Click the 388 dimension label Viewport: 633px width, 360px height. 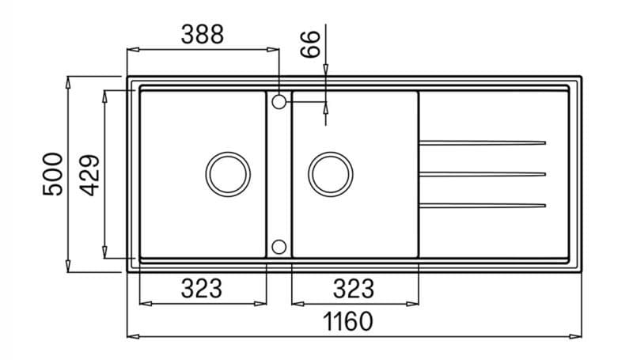tap(203, 34)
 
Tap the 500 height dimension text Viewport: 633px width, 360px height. tap(52, 174)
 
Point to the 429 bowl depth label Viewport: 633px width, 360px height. tap(89, 174)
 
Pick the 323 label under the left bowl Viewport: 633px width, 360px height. tap(202, 289)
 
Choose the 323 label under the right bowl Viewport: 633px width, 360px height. tap(354, 289)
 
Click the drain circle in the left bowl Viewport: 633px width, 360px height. tap(228, 173)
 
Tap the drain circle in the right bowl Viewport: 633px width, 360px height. tap(331, 173)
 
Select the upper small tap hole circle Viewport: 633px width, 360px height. tap(279, 101)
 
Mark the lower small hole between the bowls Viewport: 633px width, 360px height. tap(279, 246)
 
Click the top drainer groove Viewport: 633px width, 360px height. tap(482, 142)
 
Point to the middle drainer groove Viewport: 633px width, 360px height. tap(482, 174)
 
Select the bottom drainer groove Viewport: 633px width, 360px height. tap(482, 206)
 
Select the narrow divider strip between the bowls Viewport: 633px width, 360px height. tap(279, 174)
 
